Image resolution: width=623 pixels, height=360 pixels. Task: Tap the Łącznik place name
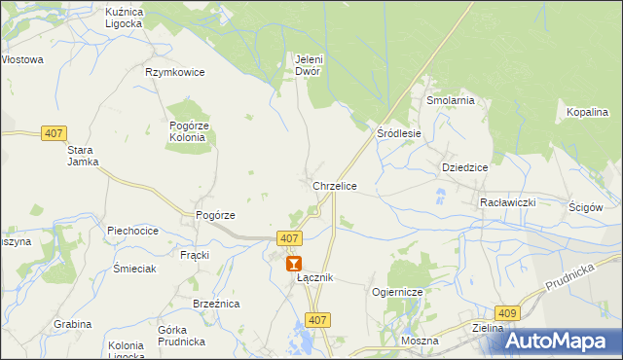(x=314, y=278)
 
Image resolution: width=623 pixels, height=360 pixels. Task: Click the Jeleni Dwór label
(x=309, y=64)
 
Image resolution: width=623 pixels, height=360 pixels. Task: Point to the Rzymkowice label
(x=173, y=72)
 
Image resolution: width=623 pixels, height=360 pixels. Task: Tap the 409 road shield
(x=506, y=312)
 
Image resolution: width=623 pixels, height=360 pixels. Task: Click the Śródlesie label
(x=399, y=133)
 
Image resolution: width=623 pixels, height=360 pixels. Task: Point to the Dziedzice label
(x=464, y=167)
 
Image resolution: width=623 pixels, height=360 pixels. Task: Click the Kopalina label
(x=587, y=113)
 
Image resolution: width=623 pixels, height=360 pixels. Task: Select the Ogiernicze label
(x=396, y=292)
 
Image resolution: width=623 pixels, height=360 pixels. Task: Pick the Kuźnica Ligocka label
(x=124, y=17)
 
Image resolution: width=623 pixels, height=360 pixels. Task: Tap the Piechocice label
(x=132, y=232)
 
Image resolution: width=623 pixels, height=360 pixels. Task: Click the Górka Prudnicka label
(x=180, y=336)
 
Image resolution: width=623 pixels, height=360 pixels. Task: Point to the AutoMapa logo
(x=559, y=340)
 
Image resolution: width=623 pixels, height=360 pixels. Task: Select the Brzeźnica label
(x=216, y=305)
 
